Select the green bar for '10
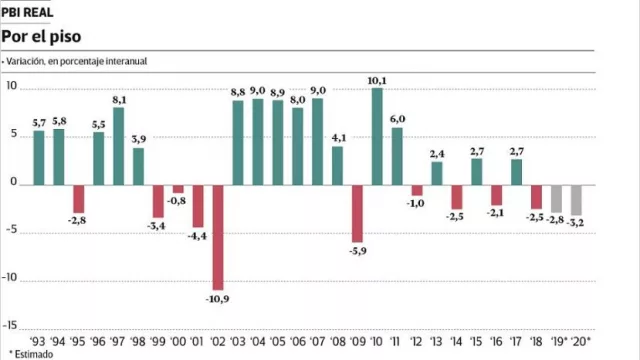377,136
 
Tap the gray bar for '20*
576,199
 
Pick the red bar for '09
357,213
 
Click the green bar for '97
119,146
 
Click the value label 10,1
377,79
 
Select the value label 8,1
119,99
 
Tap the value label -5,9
357,250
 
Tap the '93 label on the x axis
39,340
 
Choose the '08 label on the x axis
337,340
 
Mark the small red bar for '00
178,188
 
